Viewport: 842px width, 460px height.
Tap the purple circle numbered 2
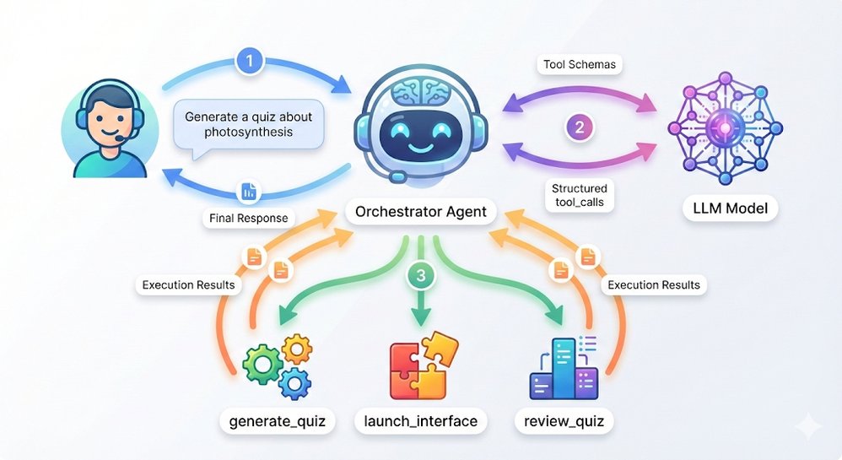(580, 128)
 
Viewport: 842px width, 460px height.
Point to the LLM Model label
(718, 208)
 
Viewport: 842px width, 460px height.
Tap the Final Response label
(248, 218)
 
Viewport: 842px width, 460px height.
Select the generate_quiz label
(278, 420)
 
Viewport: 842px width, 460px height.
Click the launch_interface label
(420, 420)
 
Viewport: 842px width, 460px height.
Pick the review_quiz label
(564, 420)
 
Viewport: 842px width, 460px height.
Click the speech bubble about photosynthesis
(248, 125)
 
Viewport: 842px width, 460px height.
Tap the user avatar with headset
(99, 128)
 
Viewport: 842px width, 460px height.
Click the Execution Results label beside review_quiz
(653, 284)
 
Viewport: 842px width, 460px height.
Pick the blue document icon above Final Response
(248, 192)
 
